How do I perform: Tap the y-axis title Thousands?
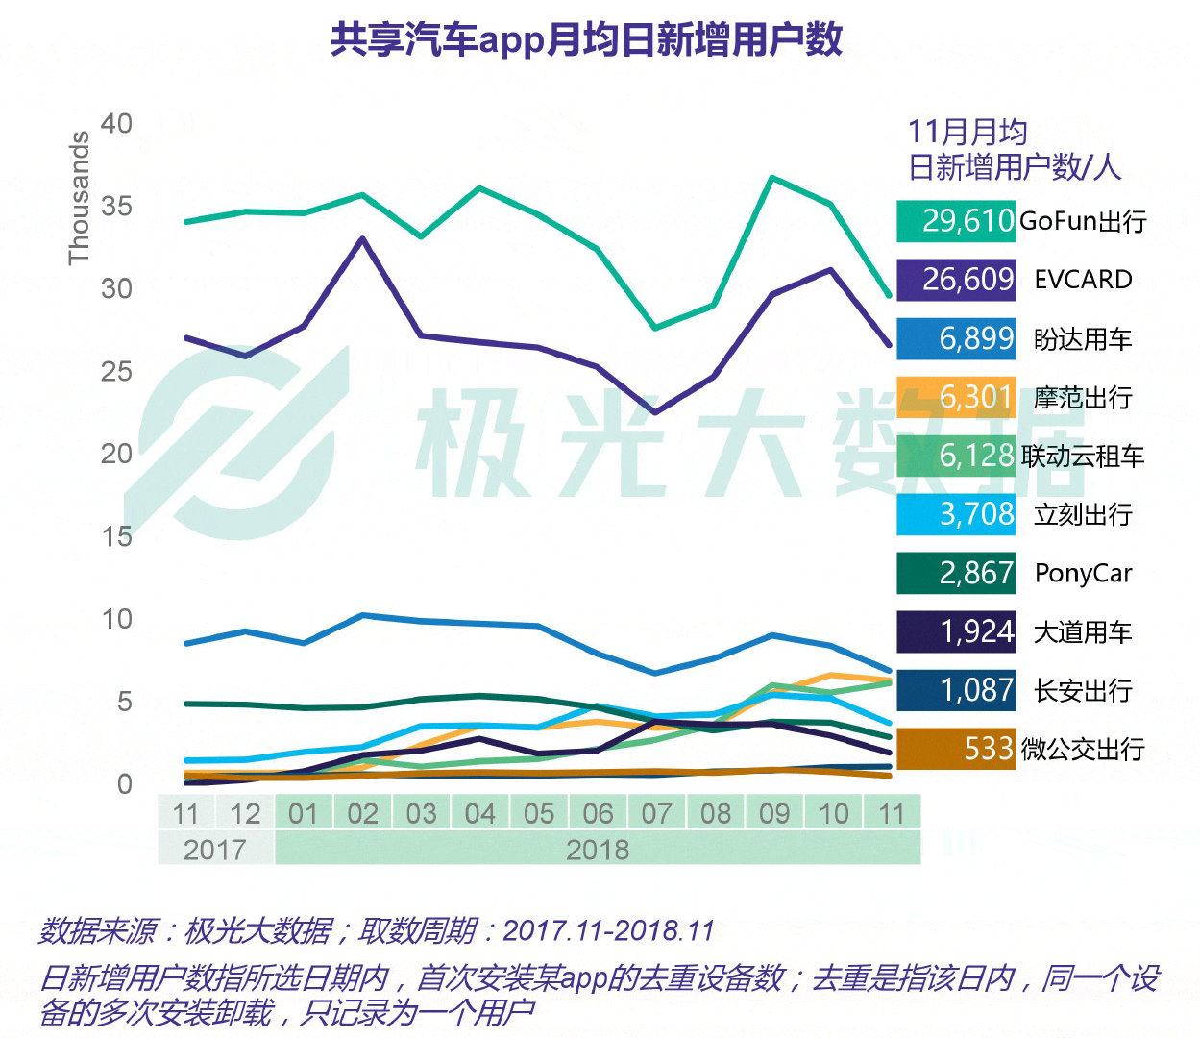pos(79,198)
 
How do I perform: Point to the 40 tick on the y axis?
pos(116,124)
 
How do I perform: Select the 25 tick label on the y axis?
pos(116,372)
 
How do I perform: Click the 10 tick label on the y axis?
pos(116,620)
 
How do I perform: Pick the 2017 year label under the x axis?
pos(215,850)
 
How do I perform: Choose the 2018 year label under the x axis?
pos(598,850)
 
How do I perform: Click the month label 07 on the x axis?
pos(657,814)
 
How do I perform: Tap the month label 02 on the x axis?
pos(362,814)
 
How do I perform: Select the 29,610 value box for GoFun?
pos(956,221)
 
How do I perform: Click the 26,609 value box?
pos(956,280)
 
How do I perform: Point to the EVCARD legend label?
pos(1083,280)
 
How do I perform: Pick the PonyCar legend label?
pos(1083,574)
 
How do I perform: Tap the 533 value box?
pos(956,749)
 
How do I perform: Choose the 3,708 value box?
pos(956,514)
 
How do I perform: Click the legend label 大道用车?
pos(1083,632)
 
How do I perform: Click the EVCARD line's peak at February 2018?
pos(362,238)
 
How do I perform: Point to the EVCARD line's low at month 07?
pos(655,412)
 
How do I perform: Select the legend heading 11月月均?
pos(967,133)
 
